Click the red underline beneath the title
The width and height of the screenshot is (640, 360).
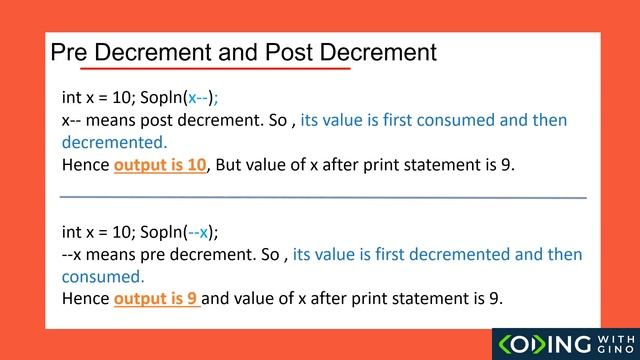[x=215, y=70]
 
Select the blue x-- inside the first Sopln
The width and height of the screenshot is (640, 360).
[x=198, y=98]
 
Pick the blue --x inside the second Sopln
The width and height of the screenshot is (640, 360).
[x=199, y=233]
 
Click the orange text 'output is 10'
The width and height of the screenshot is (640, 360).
[x=159, y=165]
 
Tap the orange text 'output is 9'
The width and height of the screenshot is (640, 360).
[x=157, y=299]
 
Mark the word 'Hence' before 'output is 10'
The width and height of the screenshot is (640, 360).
[x=86, y=165]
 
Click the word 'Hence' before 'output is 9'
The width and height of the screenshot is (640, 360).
[x=86, y=299]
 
